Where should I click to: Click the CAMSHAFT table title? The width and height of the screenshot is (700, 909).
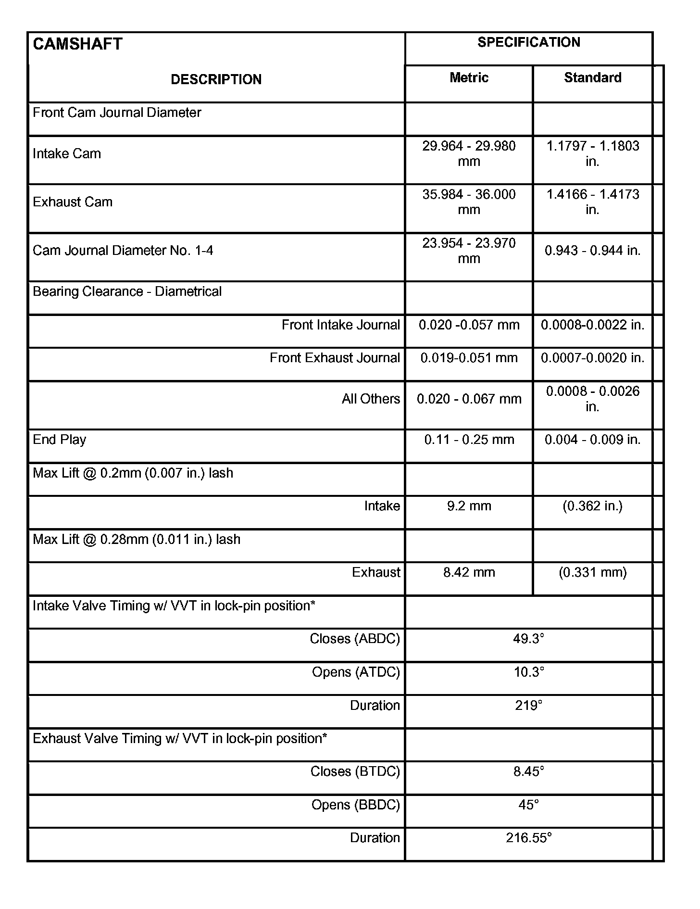point(77,44)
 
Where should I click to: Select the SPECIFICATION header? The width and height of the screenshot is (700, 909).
point(528,42)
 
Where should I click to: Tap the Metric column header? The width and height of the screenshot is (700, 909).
point(469,77)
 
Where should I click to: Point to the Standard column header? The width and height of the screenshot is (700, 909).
point(592,77)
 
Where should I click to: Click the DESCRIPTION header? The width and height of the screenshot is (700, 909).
point(216,79)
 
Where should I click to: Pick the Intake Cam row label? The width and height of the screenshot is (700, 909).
point(67,154)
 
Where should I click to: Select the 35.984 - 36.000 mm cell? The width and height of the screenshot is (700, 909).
point(469,202)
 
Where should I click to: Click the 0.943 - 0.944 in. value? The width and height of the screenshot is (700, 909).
point(592,251)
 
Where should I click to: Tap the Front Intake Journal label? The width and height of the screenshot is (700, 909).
point(340,325)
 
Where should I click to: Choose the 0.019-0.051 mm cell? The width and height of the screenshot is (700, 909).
point(469,358)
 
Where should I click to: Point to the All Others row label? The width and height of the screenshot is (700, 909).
point(371,399)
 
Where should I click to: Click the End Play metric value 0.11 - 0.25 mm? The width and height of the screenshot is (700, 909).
point(469,440)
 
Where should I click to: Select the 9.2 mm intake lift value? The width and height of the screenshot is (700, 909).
point(469,506)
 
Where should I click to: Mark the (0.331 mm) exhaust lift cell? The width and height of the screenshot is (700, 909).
point(592,572)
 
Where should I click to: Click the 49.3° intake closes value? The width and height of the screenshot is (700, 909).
point(528,639)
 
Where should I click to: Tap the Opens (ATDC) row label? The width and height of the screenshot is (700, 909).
point(356,672)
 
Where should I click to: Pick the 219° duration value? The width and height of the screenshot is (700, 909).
point(528,706)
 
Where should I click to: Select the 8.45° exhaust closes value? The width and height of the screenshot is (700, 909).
point(528,771)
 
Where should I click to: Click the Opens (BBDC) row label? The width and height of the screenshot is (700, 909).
point(355,805)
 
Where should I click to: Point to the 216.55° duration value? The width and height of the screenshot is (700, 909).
point(528,838)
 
